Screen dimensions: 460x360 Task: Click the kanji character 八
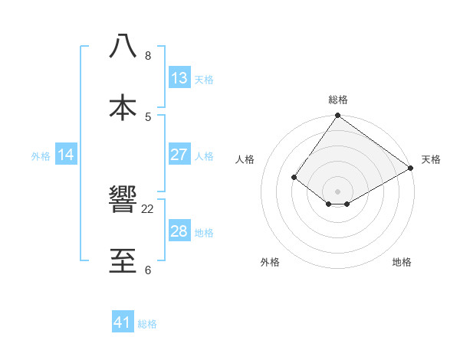click(123, 46)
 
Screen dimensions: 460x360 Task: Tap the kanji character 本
click(123, 106)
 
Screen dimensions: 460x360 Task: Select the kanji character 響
click(123, 200)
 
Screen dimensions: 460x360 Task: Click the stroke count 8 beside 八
click(148, 56)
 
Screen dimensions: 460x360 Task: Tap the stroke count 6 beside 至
click(148, 270)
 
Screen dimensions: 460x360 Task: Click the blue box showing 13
click(179, 78)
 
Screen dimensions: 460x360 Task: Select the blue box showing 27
click(179, 155)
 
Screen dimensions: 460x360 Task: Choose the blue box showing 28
click(179, 231)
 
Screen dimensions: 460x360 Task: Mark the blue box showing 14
click(66, 155)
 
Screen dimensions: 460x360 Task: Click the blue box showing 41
click(123, 322)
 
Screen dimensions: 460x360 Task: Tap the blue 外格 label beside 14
click(41, 156)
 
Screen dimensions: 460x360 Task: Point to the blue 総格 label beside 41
click(147, 324)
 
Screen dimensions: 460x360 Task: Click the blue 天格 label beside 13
click(204, 80)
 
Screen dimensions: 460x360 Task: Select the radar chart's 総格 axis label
click(338, 100)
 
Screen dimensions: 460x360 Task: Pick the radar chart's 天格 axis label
click(431, 159)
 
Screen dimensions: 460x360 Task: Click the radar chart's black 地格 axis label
click(402, 262)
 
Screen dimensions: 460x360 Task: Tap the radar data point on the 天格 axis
click(411, 168)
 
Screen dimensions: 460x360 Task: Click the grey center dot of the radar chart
click(338, 191)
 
